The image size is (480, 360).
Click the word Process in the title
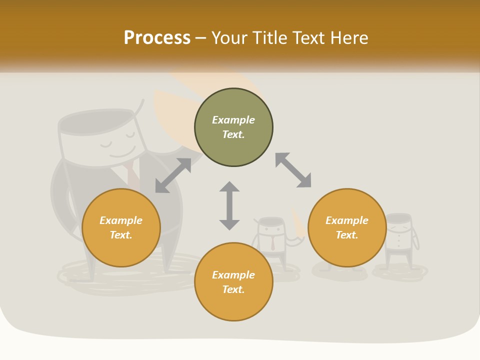point(157,37)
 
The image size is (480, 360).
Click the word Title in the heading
point(267,37)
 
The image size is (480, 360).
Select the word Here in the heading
point(349,37)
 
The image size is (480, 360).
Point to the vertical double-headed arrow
point(229,205)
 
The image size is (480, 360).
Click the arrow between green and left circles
point(173,175)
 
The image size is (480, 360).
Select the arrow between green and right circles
point(293,170)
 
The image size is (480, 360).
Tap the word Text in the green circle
point(233,134)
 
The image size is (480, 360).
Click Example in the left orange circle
point(121,220)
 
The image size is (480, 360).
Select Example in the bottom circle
point(233,274)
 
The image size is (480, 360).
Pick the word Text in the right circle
point(347,235)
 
